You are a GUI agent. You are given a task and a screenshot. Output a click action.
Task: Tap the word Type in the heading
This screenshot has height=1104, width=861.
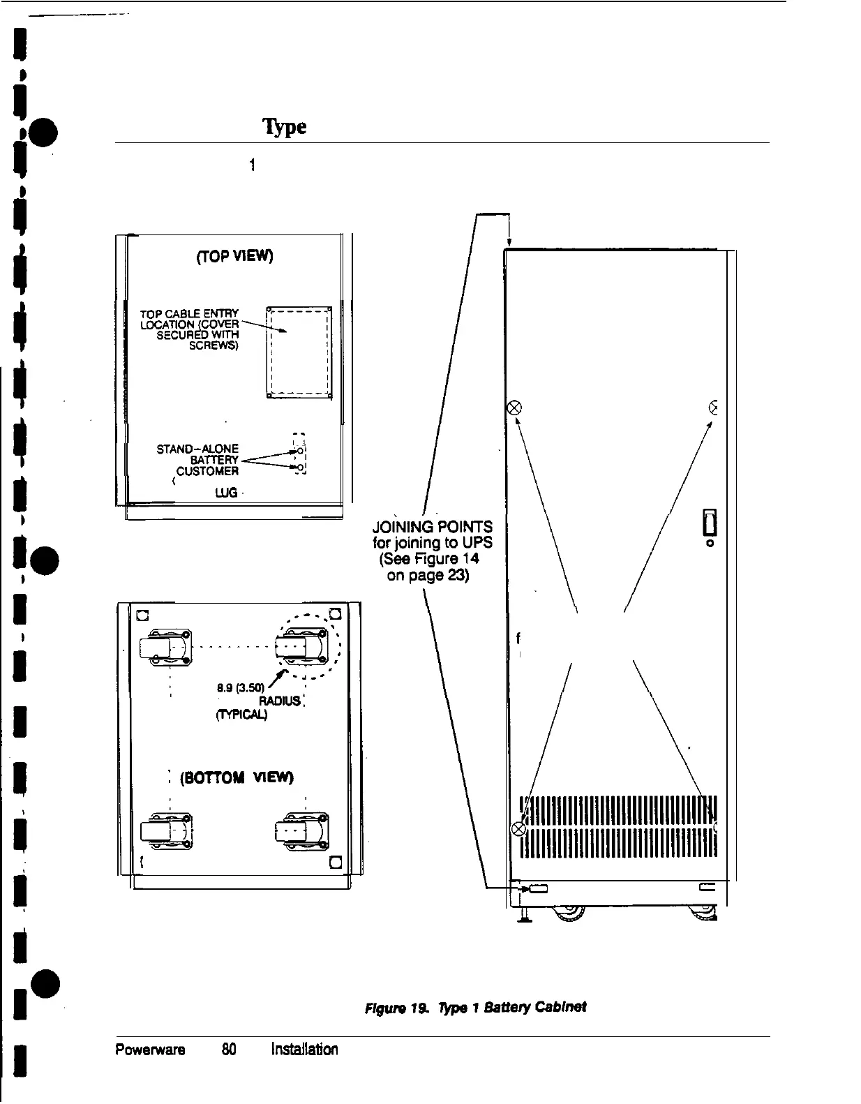point(284,127)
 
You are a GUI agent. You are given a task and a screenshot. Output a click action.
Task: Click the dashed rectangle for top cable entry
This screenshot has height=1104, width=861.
point(299,352)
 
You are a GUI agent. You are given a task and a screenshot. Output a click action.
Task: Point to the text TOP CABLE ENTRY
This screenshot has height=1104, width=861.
point(190,314)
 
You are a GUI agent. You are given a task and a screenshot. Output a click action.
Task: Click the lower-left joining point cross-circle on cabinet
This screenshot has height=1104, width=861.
point(518,828)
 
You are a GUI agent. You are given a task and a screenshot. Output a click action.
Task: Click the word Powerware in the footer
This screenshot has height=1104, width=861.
point(150,1050)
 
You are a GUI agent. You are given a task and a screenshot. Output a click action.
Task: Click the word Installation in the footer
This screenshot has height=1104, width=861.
point(304,1050)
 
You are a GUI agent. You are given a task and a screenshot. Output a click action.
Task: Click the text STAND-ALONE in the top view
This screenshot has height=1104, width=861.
point(197,449)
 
